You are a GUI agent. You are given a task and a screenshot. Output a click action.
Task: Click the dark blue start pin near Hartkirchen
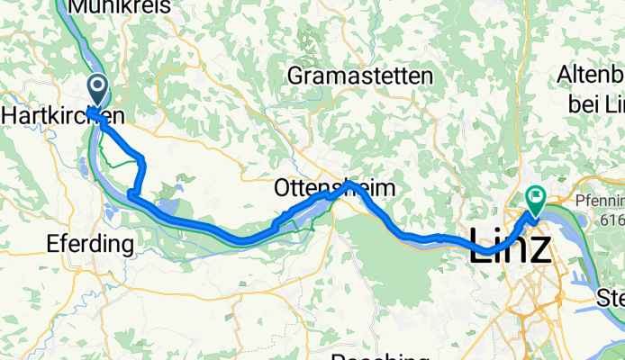(96, 88)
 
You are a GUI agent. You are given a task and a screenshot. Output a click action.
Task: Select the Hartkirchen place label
(63, 116)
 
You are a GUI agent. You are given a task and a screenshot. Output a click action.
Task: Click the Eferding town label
(89, 243)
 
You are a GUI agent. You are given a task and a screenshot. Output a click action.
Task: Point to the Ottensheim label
(333, 190)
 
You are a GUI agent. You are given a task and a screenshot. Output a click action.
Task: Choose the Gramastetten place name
(359, 76)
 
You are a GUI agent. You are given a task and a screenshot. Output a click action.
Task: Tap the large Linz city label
(510, 246)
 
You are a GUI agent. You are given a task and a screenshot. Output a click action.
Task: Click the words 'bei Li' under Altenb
(595, 103)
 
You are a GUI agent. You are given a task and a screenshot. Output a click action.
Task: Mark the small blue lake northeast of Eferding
(178, 191)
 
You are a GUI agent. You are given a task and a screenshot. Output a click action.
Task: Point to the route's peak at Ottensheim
(349, 184)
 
